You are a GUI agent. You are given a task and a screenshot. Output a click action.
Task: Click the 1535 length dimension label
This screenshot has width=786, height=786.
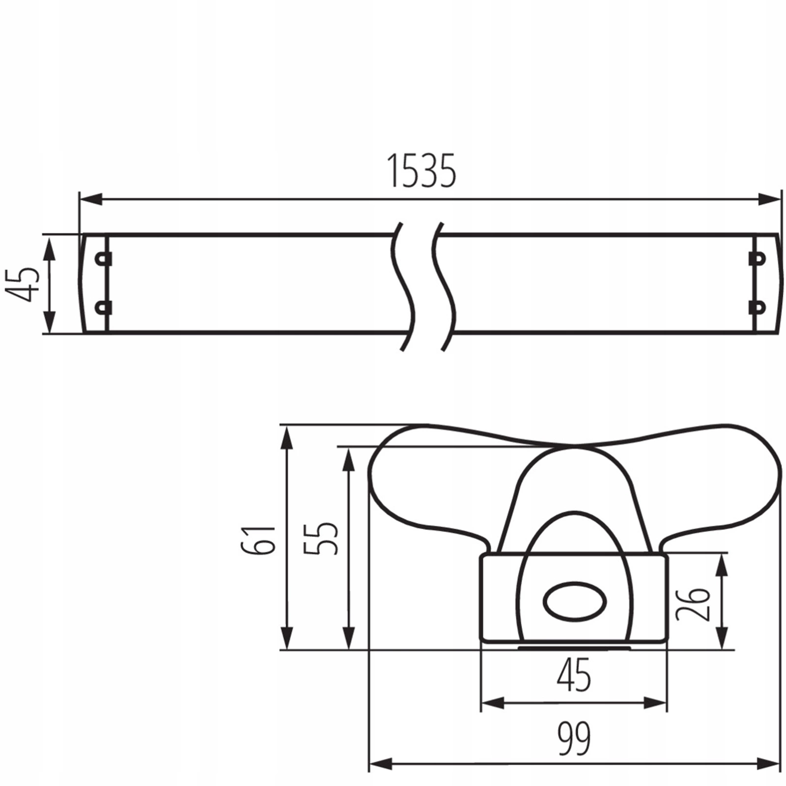point(422,171)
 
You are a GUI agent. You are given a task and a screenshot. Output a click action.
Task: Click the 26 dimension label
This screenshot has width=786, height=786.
point(693,604)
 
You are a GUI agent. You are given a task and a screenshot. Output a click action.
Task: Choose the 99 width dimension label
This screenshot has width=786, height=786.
point(574,738)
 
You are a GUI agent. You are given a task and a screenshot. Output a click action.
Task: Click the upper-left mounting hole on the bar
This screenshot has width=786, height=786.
point(102,259)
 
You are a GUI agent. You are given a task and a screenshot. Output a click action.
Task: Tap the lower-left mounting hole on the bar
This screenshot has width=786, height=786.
point(102,308)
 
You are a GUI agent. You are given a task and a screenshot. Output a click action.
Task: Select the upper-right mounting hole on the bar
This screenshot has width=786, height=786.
point(758,258)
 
